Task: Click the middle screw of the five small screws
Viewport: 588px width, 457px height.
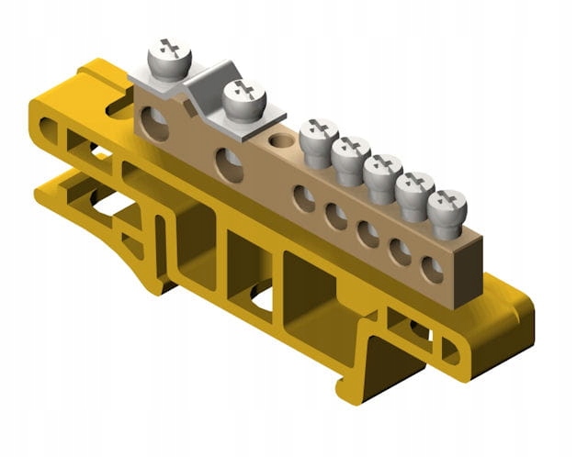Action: tap(381, 170)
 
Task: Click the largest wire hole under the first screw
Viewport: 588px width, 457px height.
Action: tap(155, 124)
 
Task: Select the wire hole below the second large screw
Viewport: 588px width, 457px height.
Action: tap(229, 165)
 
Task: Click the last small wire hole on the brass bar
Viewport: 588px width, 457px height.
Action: tap(432, 269)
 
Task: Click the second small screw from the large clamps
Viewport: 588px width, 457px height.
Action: tap(350, 151)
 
